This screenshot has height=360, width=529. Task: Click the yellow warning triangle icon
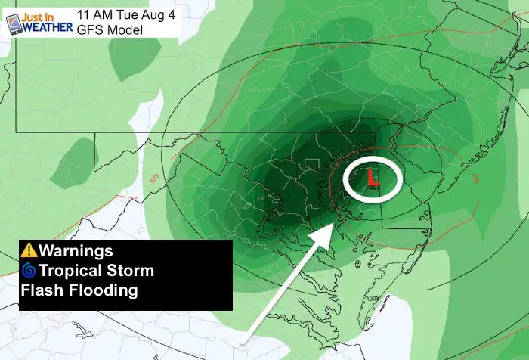29,250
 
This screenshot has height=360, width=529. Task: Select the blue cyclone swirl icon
29,270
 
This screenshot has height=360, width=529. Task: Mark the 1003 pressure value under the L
373,186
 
